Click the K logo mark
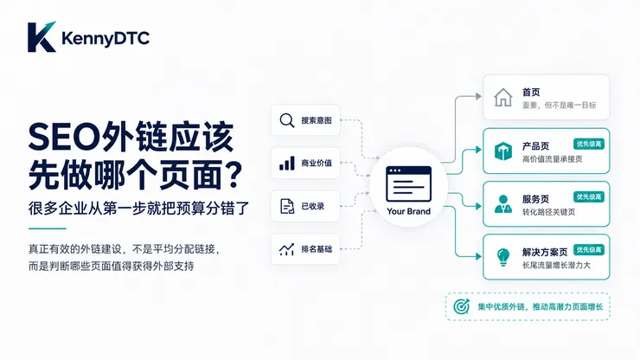42,36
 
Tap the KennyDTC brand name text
106,38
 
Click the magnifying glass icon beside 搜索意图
287,120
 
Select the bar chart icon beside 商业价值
287,163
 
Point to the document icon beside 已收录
287,206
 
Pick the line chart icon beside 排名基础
286,249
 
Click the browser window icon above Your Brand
408,183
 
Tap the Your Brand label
408,211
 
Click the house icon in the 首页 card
502,98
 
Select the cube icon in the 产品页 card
502,151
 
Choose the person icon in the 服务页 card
502,204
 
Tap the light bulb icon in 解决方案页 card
503,257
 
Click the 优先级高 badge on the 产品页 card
589,144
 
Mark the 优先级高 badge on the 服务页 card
589,197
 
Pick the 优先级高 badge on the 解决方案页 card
589,250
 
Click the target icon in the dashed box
462,306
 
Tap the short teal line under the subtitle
48,228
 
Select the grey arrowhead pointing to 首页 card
478,96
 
